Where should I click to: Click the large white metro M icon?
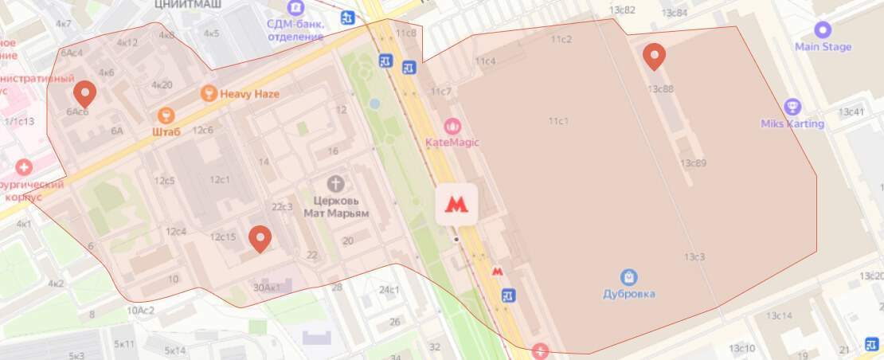click(456, 204)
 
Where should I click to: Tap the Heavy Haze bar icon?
click(209, 94)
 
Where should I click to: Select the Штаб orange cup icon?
click(166, 115)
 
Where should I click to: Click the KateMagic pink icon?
click(452, 126)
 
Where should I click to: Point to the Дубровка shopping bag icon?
click(629, 277)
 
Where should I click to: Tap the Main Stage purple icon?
click(823, 30)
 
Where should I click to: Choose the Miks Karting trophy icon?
click(792, 107)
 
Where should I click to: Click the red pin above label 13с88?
click(654, 55)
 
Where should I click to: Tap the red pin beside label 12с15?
click(259, 238)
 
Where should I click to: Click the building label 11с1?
click(557, 120)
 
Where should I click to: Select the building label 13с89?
click(693, 163)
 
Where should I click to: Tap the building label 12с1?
click(219, 179)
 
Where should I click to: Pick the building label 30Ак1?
click(266, 287)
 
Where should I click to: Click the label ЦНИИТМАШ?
click(187, 4)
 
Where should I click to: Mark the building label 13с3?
click(694, 256)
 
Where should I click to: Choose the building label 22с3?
click(282, 207)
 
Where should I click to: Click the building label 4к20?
click(162, 84)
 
